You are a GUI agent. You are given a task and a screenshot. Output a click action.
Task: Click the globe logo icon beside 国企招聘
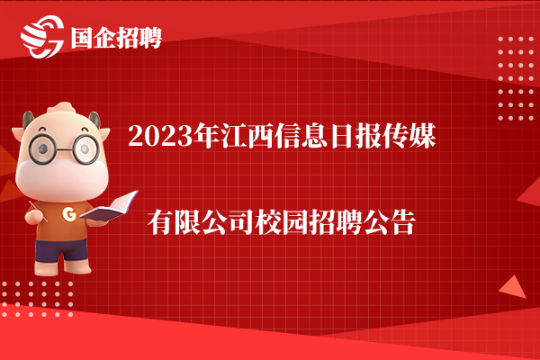click(x=42, y=37)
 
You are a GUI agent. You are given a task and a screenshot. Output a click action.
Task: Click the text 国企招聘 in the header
click(x=116, y=38)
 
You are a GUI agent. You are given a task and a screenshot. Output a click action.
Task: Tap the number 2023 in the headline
click(x=160, y=137)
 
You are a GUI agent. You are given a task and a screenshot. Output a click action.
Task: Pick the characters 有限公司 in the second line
click(x=201, y=222)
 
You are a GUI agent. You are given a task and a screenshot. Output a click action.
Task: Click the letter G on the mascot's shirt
click(x=69, y=214)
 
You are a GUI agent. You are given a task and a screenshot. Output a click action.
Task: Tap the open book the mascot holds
click(x=110, y=207)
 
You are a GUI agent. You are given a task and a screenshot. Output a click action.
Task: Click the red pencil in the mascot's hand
click(x=38, y=211)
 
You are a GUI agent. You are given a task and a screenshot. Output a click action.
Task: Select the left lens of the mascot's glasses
click(x=42, y=148)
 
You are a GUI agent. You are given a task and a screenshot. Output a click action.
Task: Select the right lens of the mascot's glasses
click(x=85, y=149)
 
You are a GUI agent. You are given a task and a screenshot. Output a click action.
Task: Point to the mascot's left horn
click(x=28, y=119)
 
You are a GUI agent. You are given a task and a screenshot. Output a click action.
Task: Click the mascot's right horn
click(x=94, y=119)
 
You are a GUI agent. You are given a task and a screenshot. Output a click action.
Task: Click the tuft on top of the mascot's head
click(x=62, y=107)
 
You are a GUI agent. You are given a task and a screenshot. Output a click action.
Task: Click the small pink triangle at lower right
click(x=514, y=287)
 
